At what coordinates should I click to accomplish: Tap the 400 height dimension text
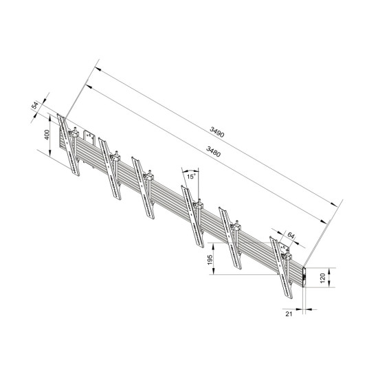click(x=47, y=135)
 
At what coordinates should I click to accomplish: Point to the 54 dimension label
click(x=35, y=108)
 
